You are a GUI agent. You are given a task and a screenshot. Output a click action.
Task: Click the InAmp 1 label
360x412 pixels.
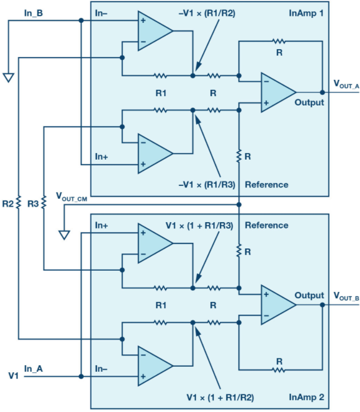pos(306,13)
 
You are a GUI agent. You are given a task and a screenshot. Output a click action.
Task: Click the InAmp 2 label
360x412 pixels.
pos(306,397)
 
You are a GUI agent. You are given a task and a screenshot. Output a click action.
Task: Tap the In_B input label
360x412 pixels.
pos(33,13)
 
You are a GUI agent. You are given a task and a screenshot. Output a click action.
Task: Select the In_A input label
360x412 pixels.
pos(33,369)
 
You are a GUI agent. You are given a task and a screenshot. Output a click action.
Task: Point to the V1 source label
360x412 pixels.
pos(13,376)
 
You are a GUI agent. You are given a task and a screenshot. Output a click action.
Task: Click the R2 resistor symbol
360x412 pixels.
pos(18,203)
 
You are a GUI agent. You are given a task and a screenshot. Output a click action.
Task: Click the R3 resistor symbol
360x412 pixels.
pos(44,203)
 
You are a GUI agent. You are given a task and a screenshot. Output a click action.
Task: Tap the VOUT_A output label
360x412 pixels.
pos(346,84)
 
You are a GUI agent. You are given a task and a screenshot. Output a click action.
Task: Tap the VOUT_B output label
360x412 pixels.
pos(346,296)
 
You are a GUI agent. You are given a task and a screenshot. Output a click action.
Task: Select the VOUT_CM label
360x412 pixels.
pos(71,197)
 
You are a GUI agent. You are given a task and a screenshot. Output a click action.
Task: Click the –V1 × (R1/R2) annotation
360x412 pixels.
pos(207,13)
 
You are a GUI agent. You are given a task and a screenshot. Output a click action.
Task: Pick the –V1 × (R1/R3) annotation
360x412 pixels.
pos(207,185)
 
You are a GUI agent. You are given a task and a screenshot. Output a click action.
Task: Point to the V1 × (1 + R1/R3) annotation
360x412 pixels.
pos(199,226)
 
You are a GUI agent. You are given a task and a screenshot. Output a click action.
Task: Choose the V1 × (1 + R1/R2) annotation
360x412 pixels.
pos(220,397)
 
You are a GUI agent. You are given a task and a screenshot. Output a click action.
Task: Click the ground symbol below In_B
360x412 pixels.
pos(8,78)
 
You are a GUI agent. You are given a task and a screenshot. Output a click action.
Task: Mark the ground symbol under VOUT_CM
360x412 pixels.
pos(64,235)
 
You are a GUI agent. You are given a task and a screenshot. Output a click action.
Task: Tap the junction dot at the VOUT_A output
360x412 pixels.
pos(323,93)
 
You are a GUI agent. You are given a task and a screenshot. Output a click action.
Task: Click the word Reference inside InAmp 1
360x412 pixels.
pos(266,185)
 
